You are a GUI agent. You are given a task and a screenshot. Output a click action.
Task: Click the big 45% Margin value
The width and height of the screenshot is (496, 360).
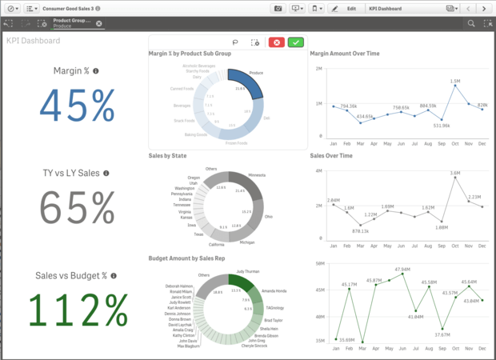(77, 105)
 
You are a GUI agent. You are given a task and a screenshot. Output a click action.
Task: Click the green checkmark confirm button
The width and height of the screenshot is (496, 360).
(295, 42)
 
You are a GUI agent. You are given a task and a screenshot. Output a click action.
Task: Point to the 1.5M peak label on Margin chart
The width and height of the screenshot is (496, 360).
(454, 81)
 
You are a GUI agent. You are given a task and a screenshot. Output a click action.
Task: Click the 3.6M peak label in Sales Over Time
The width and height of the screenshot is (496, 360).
(454, 173)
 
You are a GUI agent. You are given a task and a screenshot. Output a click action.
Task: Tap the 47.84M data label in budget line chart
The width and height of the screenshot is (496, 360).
(402, 270)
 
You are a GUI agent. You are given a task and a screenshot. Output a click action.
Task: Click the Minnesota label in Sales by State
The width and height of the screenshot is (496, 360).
(257, 174)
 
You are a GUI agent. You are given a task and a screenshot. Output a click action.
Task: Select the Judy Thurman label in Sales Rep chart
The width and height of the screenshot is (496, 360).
(247, 271)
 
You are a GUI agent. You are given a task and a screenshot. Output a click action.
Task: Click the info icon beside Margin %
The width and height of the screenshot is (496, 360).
(96, 71)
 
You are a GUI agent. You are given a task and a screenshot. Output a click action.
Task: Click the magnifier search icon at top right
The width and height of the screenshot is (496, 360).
(471, 23)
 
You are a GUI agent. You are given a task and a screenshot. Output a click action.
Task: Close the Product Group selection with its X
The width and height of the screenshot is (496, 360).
(99, 23)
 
